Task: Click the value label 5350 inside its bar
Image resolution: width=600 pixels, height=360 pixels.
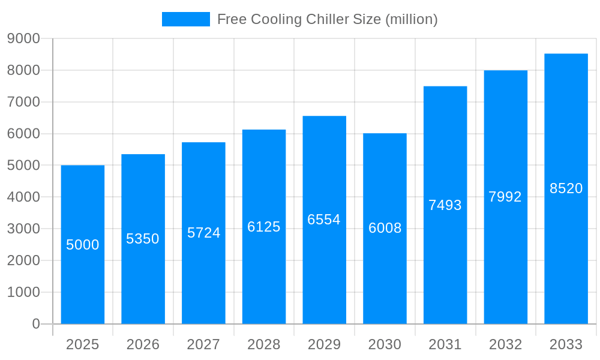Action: [x=143, y=239]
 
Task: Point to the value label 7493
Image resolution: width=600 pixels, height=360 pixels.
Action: [x=445, y=205]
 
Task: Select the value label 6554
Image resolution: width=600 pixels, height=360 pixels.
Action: [x=324, y=220]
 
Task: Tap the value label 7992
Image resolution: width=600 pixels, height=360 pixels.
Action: [x=505, y=197]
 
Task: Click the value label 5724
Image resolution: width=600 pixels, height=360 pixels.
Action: [x=203, y=233]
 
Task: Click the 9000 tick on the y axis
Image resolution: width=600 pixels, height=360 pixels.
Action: [x=23, y=39]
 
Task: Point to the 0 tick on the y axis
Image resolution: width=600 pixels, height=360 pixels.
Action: [x=36, y=324]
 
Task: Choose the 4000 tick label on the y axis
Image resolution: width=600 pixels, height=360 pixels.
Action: [x=23, y=197]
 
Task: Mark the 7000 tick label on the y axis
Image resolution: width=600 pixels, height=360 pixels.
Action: [x=23, y=102]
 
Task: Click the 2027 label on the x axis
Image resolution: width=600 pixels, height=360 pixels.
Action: [x=203, y=344]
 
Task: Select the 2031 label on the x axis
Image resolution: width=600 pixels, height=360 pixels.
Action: [x=445, y=344]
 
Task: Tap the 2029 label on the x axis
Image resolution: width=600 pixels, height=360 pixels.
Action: [x=324, y=344]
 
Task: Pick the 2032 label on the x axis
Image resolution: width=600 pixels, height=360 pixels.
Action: [x=505, y=344]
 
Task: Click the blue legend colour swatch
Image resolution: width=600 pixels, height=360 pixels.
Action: [x=186, y=19]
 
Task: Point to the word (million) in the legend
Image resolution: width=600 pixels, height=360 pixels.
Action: [x=411, y=19]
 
